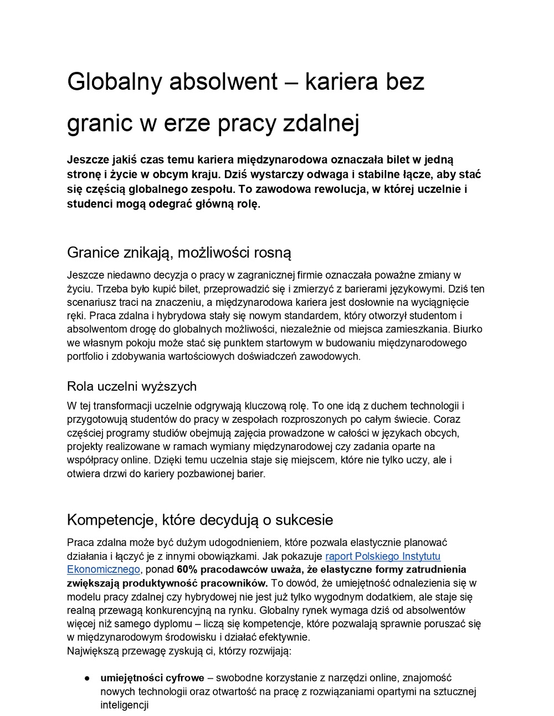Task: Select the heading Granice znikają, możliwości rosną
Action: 179,253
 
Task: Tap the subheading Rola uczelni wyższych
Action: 132,386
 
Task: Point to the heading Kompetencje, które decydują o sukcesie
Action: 200,520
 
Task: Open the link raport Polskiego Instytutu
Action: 383,556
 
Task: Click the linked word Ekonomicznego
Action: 104,569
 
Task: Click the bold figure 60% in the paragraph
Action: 188,569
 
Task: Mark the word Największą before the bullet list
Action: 93,651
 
